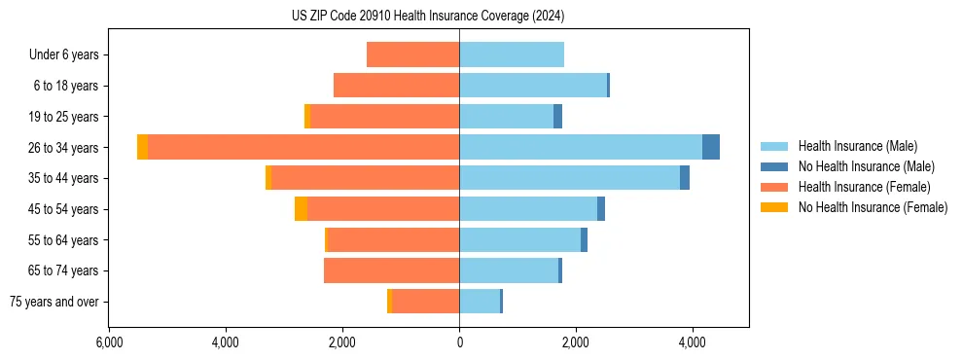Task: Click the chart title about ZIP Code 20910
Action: coord(428,17)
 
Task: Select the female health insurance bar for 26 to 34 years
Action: coord(303,147)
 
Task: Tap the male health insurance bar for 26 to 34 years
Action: coord(581,147)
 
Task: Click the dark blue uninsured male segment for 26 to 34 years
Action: coord(711,147)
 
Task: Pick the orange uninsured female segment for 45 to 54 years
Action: coord(301,208)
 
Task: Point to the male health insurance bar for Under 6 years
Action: coord(512,54)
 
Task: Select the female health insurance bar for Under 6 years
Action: coord(412,54)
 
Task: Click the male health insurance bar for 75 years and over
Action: coord(480,302)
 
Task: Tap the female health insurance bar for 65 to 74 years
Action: coord(391,270)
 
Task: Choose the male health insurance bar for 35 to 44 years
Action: coord(569,178)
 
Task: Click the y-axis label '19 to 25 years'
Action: coord(65,117)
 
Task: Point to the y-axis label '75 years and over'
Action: coord(54,302)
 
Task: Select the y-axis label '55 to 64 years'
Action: coord(65,239)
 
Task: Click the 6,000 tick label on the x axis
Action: coord(109,342)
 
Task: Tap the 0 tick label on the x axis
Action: coord(459,342)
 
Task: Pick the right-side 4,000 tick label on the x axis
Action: coord(693,342)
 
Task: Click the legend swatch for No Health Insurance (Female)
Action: coord(775,207)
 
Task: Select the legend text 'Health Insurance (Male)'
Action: coord(857,146)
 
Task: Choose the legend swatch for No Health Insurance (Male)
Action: coord(775,166)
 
